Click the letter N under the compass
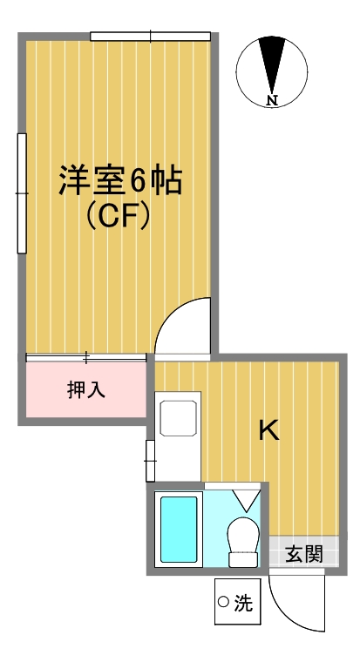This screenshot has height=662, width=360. pos(272,100)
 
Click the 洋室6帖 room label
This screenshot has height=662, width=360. pos(120,181)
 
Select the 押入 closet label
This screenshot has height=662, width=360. pos(86,389)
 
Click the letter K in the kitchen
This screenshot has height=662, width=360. pos(269,429)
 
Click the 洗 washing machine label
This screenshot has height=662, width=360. pos(245,602)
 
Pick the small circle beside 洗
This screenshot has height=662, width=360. pos(223,602)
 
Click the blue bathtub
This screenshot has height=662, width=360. pos(180,528)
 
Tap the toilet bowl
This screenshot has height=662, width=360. pos(242,536)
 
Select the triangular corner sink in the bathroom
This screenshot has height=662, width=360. pos(246,499)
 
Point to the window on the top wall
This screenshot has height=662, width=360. pos(151,37)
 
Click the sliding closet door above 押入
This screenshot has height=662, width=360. pos(86,357)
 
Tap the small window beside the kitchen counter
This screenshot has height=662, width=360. pos(150,460)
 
